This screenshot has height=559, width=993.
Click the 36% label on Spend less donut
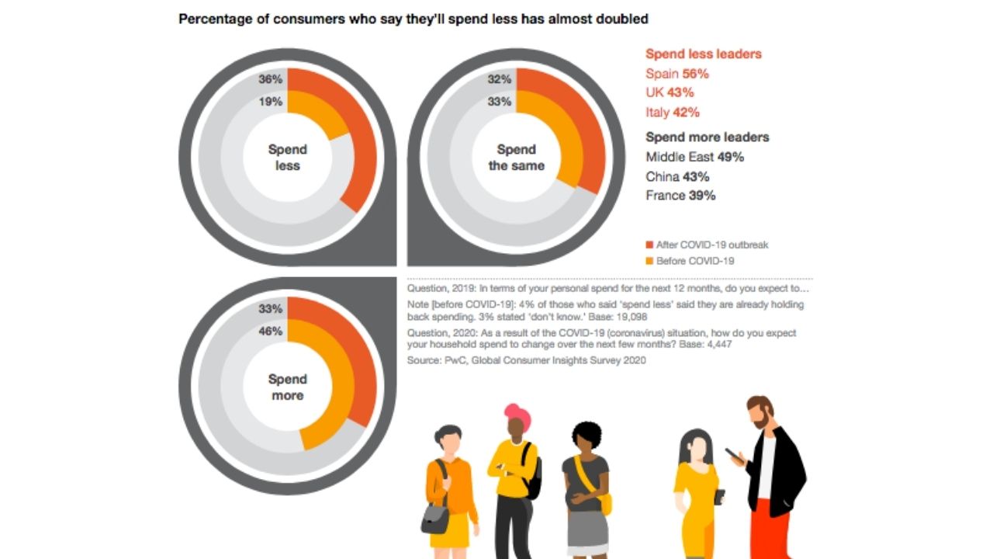point(271,79)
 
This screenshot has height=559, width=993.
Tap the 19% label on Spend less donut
point(271,102)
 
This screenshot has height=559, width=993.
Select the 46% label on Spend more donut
point(271,331)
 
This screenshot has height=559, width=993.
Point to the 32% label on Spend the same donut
point(500,79)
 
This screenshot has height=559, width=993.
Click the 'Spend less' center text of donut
point(288,157)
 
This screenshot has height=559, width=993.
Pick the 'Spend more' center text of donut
point(288,387)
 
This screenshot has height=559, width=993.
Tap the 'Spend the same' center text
point(517,157)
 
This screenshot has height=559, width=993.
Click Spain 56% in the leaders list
point(677,74)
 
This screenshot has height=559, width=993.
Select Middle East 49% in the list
point(694,157)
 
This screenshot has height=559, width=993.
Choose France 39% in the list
point(680,196)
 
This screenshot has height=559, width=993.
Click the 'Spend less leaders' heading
point(704,54)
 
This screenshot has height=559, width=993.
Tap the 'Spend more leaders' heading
point(708,137)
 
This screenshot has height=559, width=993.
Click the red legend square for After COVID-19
point(650,245)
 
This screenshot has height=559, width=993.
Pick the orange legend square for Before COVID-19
point(650,261)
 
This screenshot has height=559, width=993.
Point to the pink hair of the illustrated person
point(517,414)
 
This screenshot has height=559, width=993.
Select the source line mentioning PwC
point(526,360)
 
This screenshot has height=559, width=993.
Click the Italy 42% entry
point(673,112)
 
